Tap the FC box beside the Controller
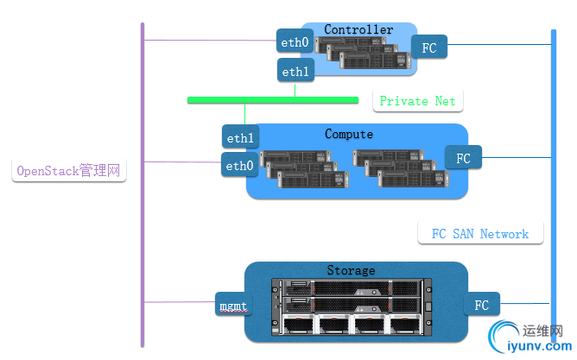pyautogui.click(x=429, y=47)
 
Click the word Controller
pyautogui.click(x=358, y=30)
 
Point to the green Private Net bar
pyautogui.click(x=273, y=100)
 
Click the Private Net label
pyautogui.click(x=418, y=101)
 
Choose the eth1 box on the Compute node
pyautogui.click(x=240, y=137)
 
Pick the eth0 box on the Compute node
pyautogui.click(x=239, y=165)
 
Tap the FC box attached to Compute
pyautogui.click(x=464, y=158)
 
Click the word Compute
pyautogui.click(x=349, y=134)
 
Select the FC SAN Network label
pyautogui.click(x=479, y=234)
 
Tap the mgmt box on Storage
pyautogui.click(x=232, y=305)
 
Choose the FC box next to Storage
pyautogui.click(x=482, y=305)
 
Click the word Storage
pyautogui.click(x=351, y=271)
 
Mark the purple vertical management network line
pyautogui.click(x=143, y=216)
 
